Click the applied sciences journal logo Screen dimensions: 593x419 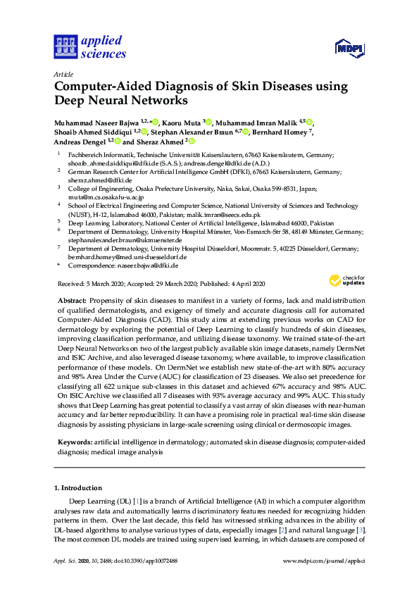click(x=89, y=47)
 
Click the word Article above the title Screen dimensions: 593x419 click(x=63, y=73)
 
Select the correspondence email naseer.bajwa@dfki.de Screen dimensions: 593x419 click(x=146, y=266)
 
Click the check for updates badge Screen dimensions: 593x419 click(x=346, y=281)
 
